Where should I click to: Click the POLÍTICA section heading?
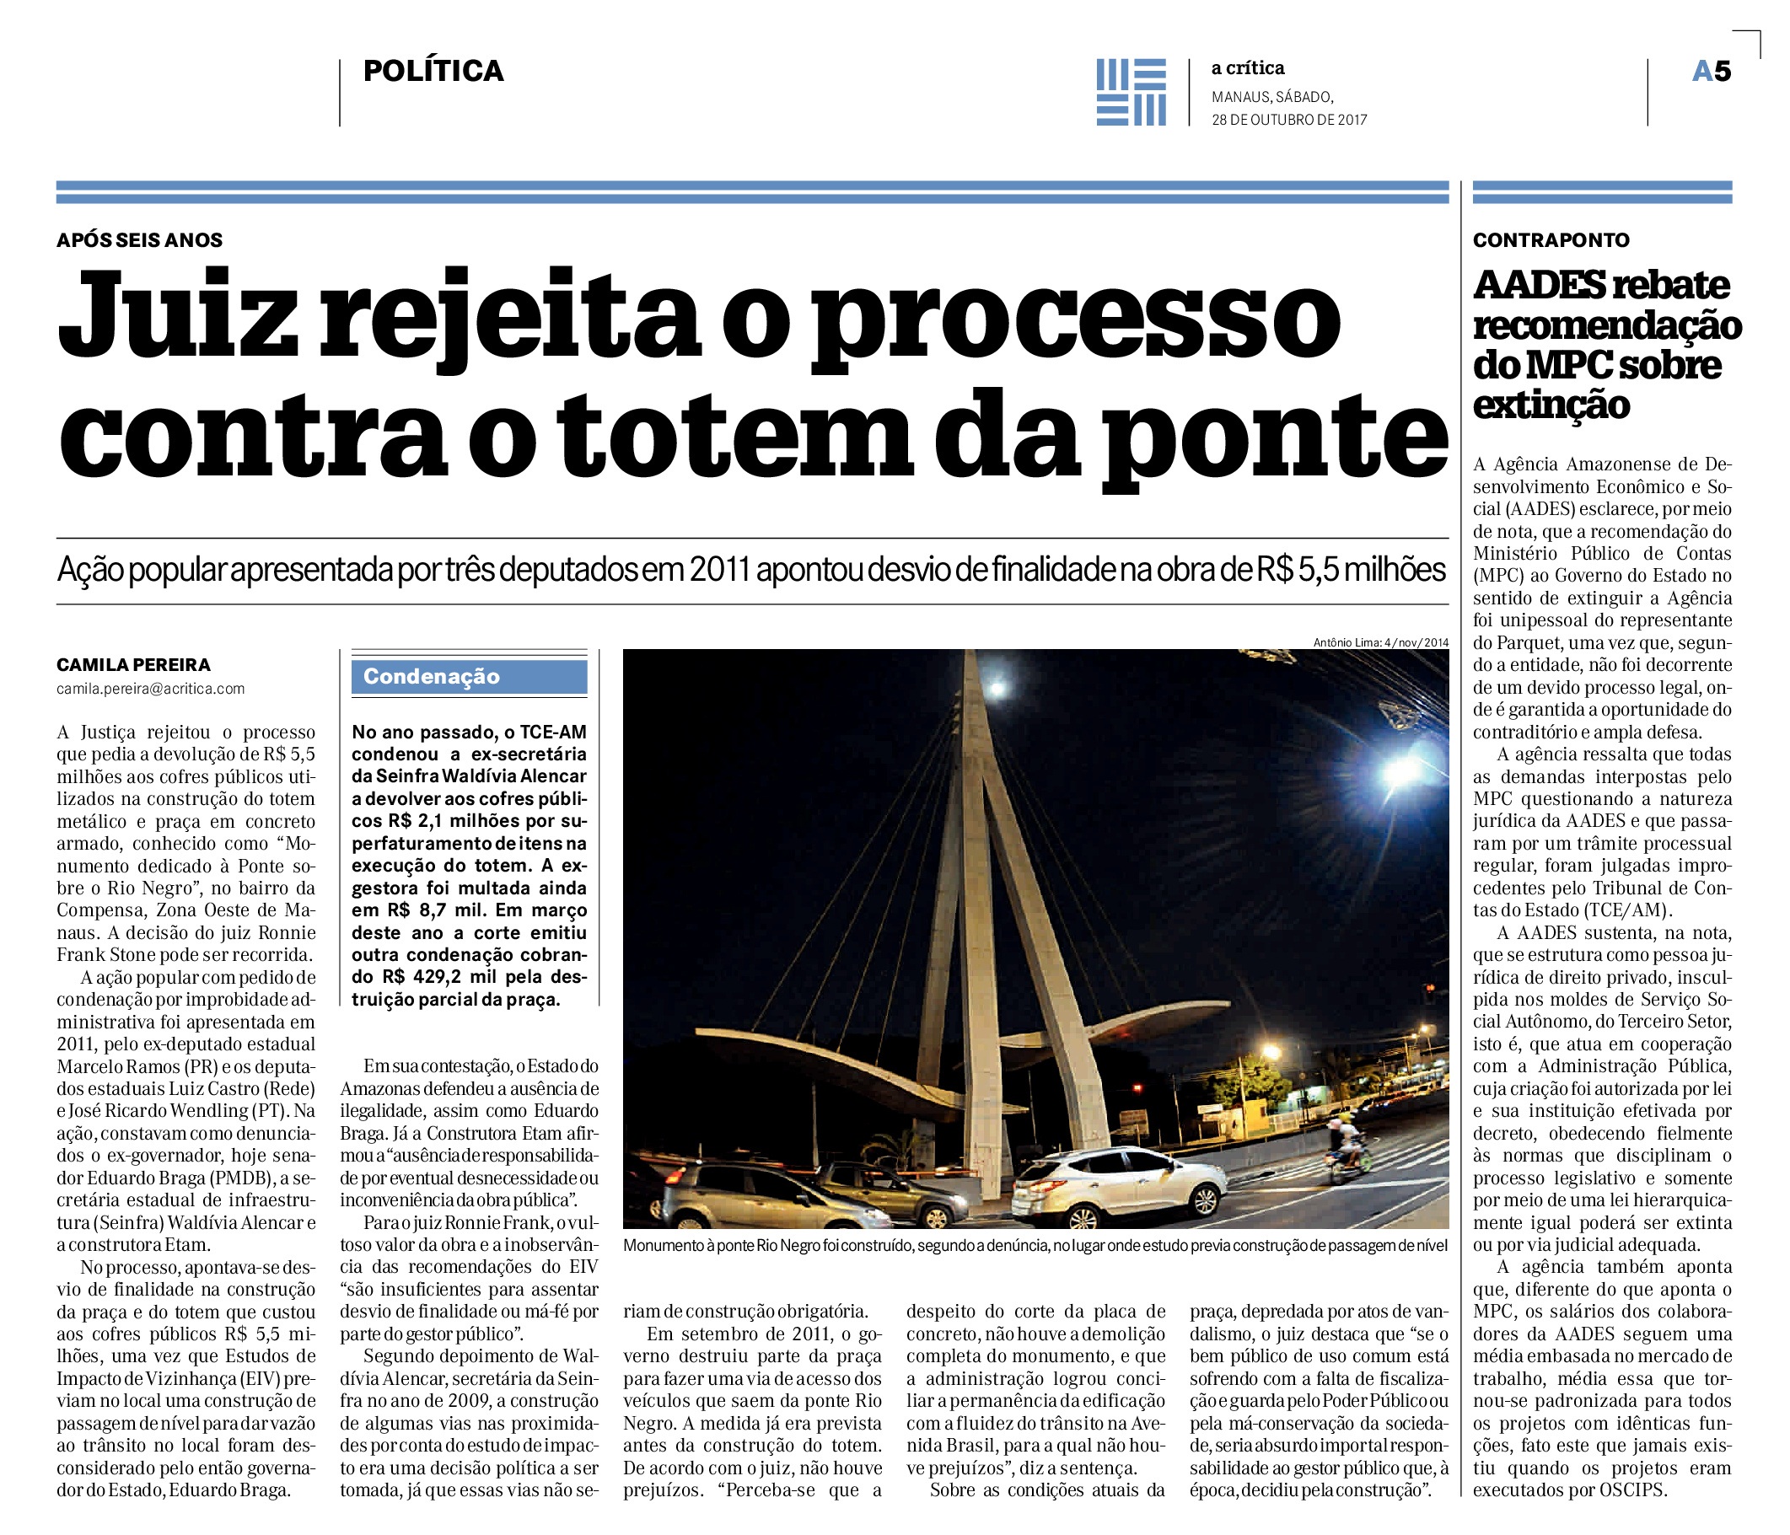pos(433,71)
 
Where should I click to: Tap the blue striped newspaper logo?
pos(1131,92)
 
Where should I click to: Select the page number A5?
pos(1712,72)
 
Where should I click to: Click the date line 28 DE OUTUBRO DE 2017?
pos(1289,120)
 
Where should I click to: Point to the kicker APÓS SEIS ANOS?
pos(140,240)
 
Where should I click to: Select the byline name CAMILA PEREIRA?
pos(133,664)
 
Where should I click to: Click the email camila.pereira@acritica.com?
pos(150,689)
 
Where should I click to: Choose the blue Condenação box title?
pos(431,676)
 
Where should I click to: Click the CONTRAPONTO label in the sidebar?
pos(1551,240)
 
